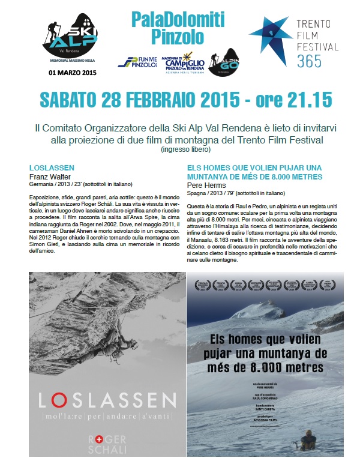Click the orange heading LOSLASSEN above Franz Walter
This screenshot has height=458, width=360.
coord(49,169)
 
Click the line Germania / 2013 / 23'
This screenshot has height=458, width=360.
coord(80,184)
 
